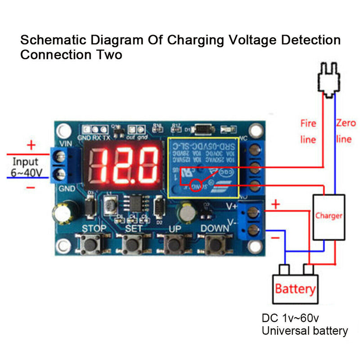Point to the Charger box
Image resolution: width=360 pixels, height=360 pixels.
point(328,216)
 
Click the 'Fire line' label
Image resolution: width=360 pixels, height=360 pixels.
point(308,131)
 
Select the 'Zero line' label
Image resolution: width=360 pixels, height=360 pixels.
point(345,131)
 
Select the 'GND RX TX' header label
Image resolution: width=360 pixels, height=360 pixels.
point(94,137)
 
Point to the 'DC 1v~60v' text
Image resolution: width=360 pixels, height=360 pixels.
point(290,319)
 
